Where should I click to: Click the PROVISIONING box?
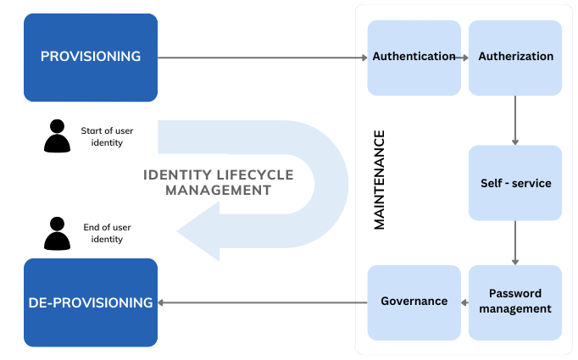click(91, 57)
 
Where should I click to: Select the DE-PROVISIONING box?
click(91, 302)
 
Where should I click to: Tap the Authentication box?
click(414, 58)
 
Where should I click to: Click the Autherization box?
click(515, 58)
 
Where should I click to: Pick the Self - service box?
click(515, 183)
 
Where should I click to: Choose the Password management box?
click(515, 302)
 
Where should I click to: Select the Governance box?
click(414, 302)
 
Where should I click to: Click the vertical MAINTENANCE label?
click(380, 180)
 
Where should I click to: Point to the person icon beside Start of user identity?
click(57, 136)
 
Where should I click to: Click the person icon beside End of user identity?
click(57, 234)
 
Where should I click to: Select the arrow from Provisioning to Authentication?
click(263, 58)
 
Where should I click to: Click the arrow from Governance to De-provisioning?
click(263, 302)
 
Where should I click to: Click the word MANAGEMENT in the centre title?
click(218, 191)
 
